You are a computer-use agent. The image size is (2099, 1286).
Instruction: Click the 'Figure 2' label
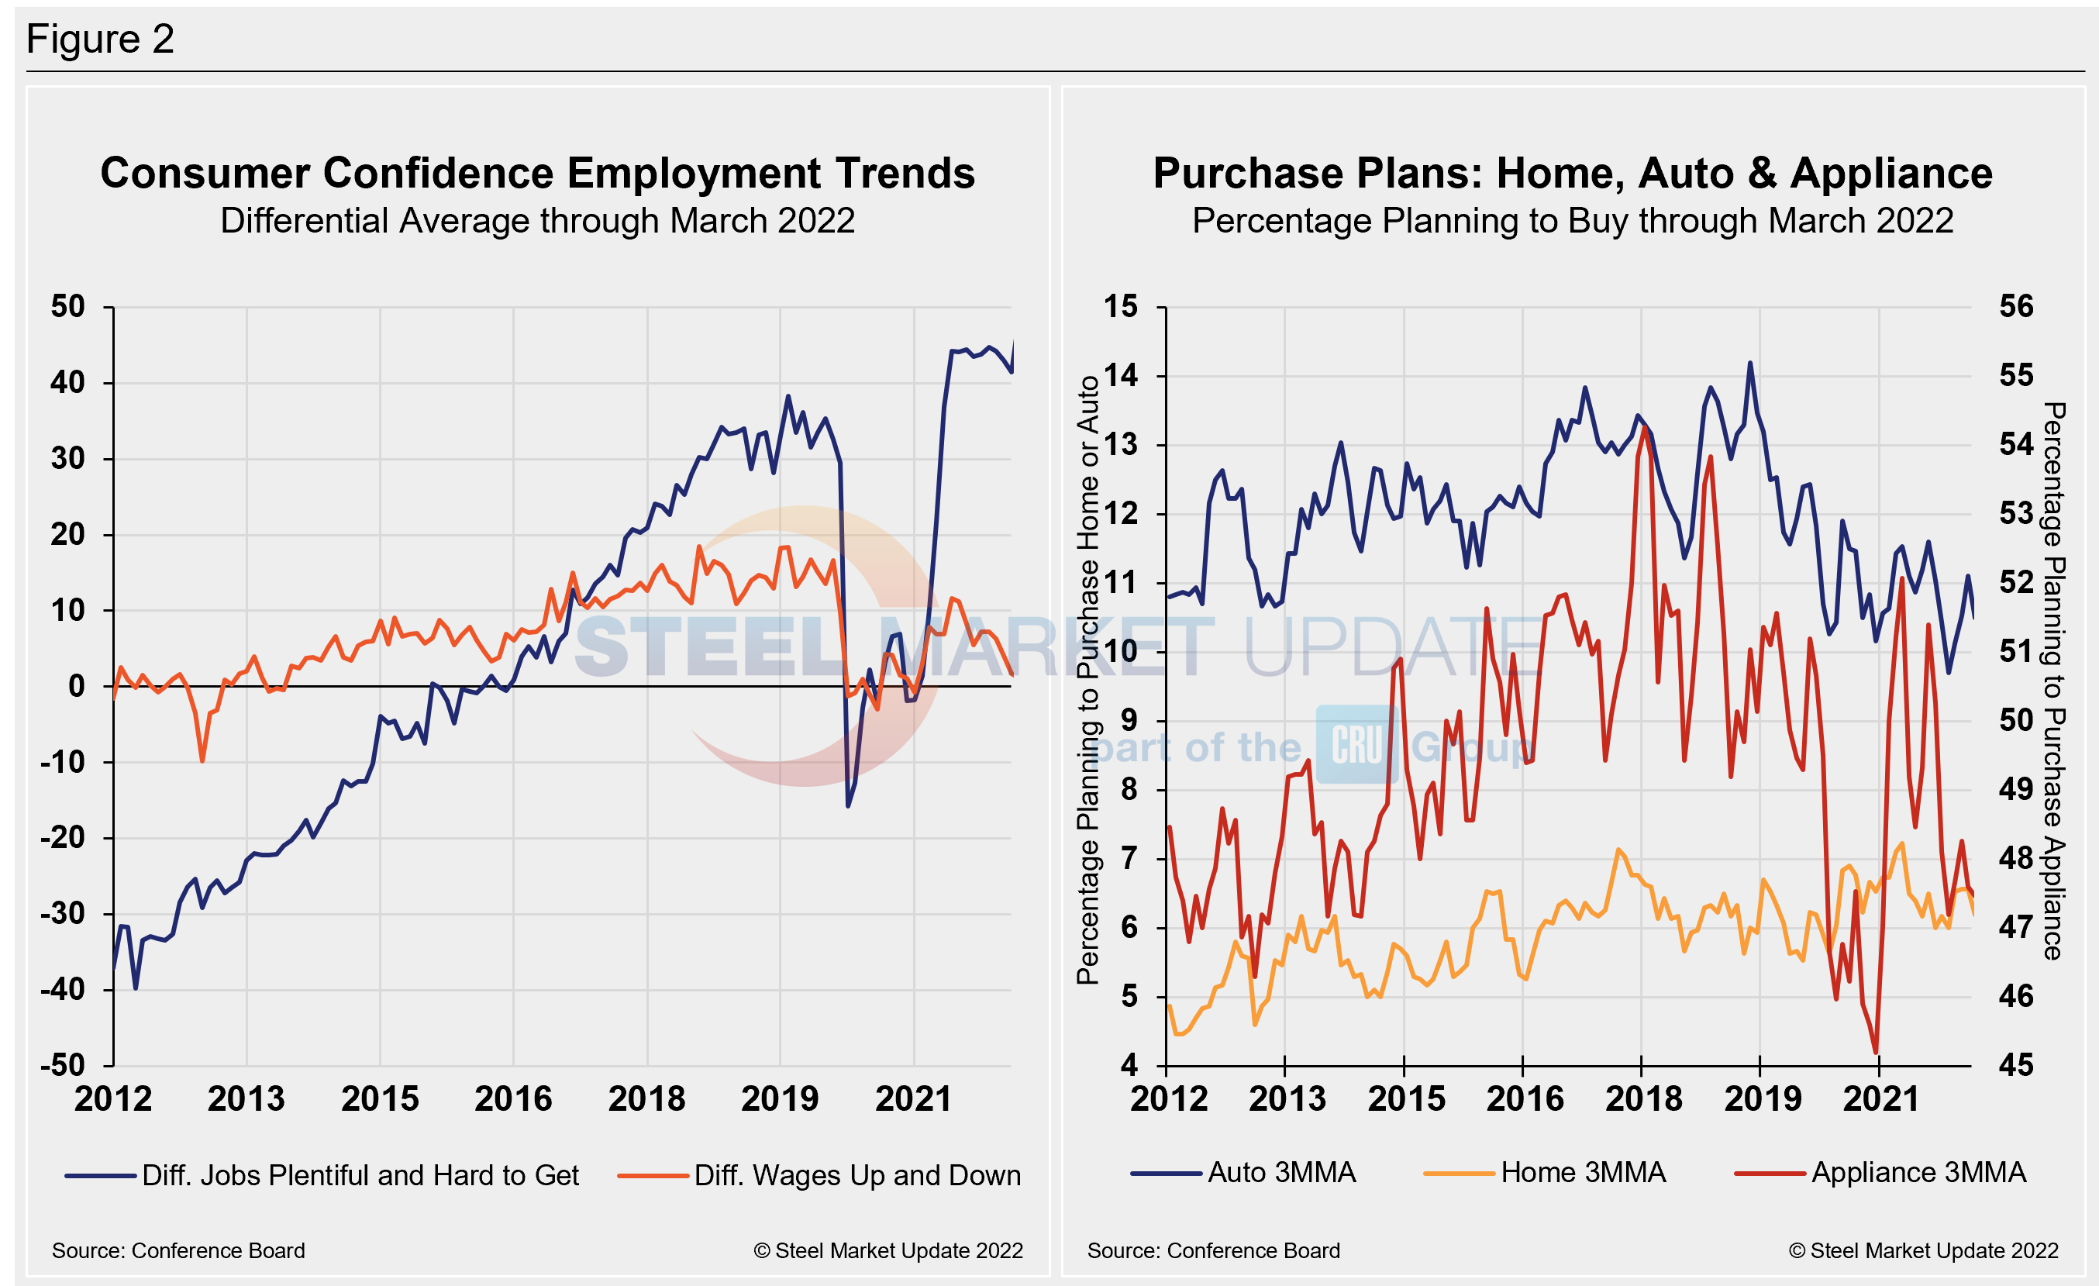click(x=100, y=40)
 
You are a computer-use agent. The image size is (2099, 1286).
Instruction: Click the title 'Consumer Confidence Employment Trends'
click(x=537, y=173)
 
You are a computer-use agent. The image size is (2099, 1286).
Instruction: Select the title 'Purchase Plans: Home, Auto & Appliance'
click(x=1573, y=173)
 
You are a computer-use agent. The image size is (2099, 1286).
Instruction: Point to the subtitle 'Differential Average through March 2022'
click(x=537, y=221)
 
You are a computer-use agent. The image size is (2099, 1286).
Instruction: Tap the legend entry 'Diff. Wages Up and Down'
click(x=856, y=1175)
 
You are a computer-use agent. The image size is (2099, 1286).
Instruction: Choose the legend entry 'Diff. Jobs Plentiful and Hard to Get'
click(x=360, y=1175)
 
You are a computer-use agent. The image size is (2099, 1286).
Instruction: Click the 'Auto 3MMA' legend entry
click(x=1280, y=1173)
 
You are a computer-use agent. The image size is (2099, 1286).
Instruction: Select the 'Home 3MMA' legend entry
click(x=1583, y=1173)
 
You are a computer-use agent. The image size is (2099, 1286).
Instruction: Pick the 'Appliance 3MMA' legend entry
click(x=1918, y=1173)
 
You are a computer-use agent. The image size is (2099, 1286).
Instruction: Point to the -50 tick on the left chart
click(x=63, y=1065)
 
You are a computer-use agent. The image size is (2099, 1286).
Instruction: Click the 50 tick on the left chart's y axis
click(x=68, y=307)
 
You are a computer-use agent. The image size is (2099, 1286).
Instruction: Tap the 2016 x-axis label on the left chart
click(x=513, y=1099)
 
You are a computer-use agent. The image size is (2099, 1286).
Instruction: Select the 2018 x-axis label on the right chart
click(x=1643, y=1099)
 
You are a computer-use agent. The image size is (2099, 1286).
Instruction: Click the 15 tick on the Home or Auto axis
click(x=1120, y=307)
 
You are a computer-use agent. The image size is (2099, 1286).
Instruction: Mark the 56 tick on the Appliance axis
click(x=2015, y=307)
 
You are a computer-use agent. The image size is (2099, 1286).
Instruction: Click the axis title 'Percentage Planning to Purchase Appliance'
click(x=2054, y=681)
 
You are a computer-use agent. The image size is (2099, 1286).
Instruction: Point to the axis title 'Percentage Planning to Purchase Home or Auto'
click(x=1087, y=681)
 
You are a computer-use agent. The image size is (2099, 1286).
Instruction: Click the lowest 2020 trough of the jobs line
click(x=848, y=805)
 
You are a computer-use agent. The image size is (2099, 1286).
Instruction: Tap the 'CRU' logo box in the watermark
click(x=1357, y=744)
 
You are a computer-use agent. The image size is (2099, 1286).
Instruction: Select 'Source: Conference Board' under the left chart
click(x=178, y=1250)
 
